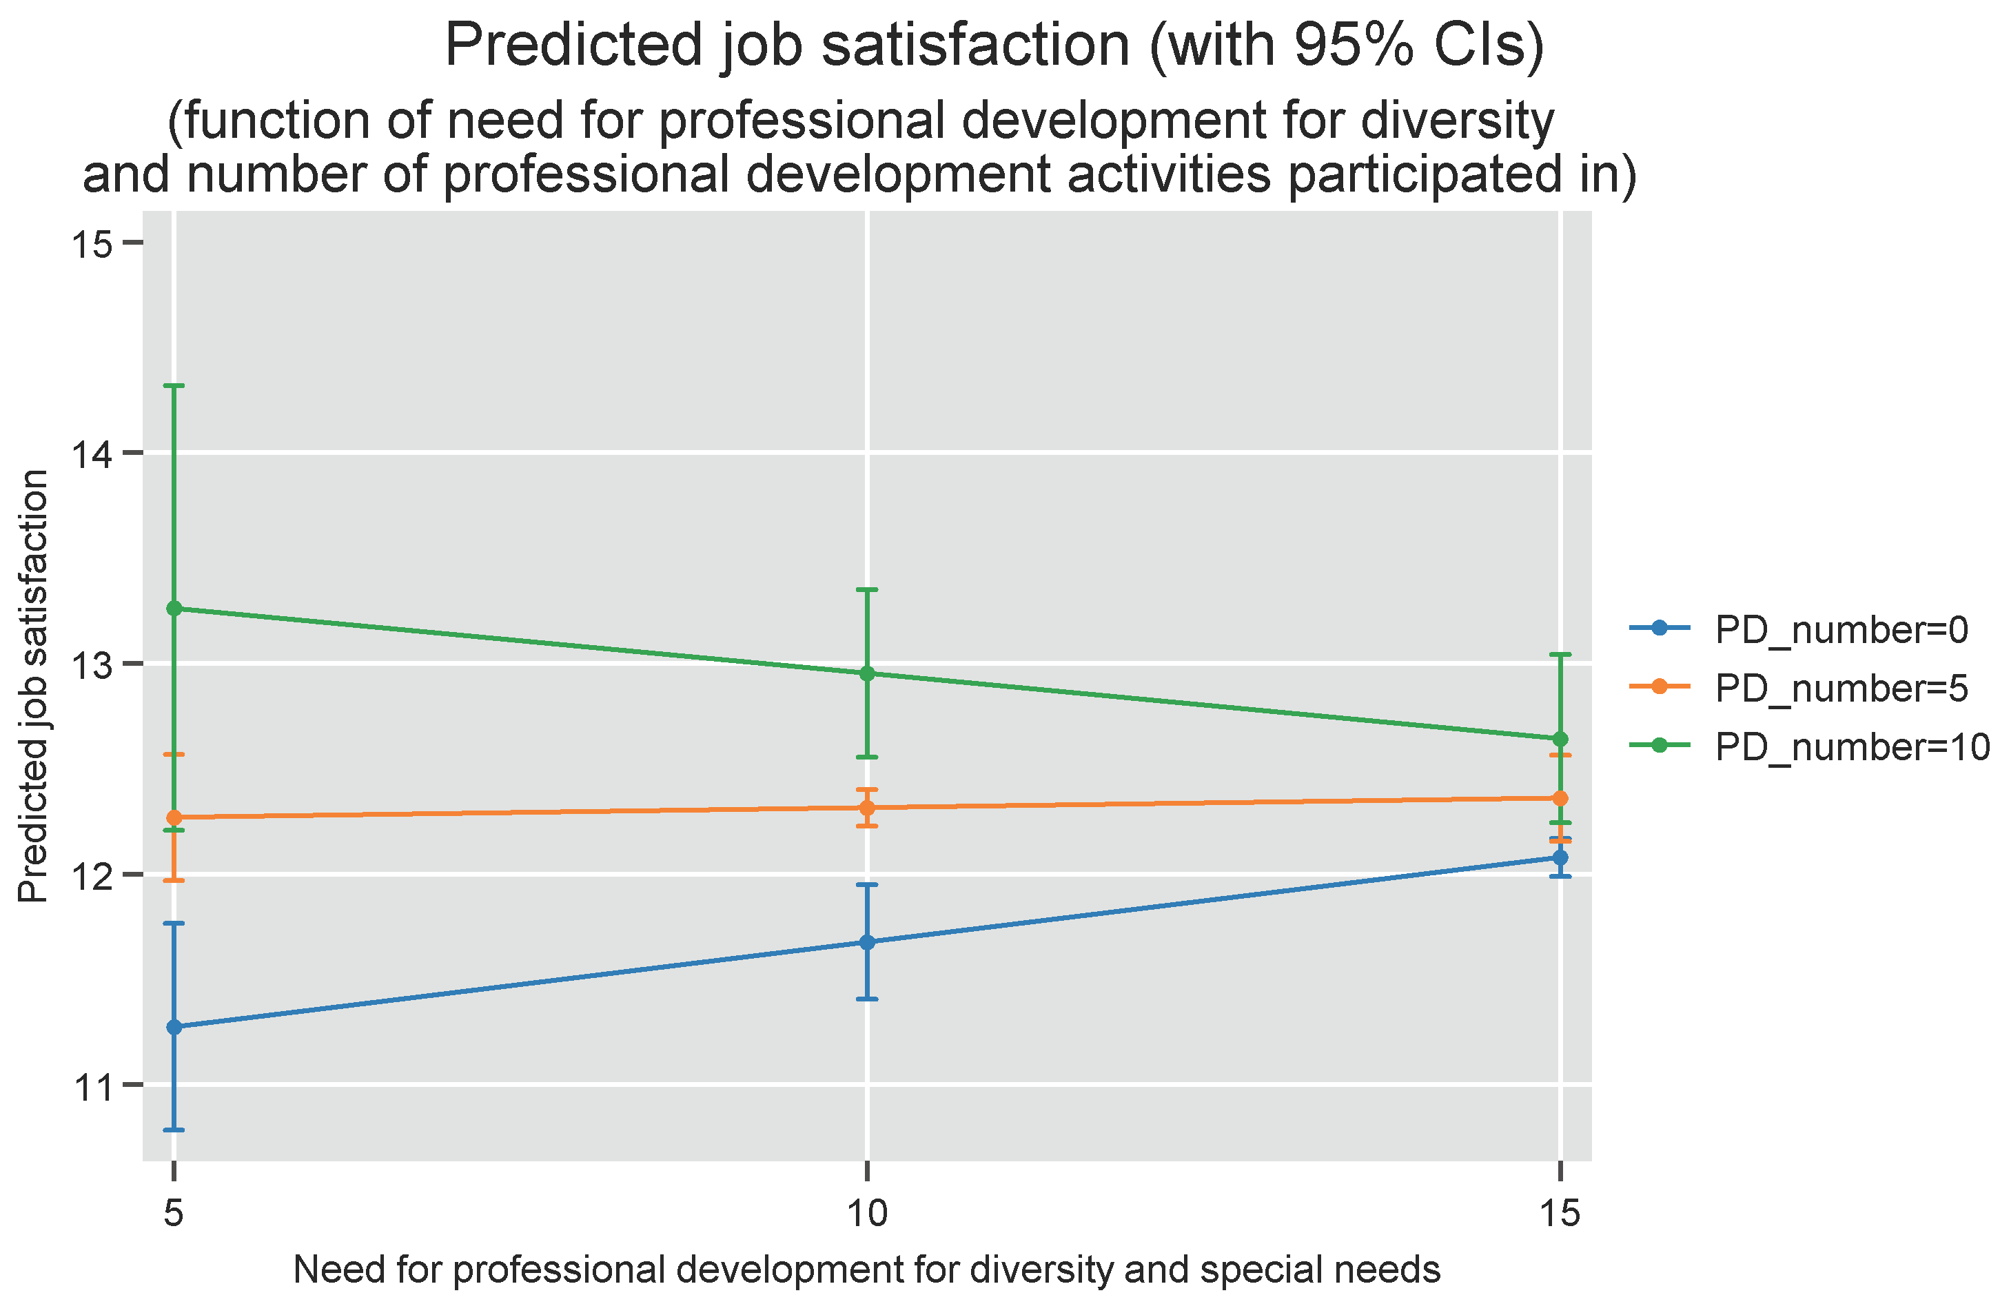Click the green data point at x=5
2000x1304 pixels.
tap(174, 609)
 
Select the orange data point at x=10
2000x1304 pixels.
tap(867, 808)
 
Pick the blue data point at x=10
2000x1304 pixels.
tap(867, 943)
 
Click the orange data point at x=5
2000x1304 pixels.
tap(174, 817)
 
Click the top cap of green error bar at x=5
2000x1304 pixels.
tap(174, 386)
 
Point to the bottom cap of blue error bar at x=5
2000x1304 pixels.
tap(174, 1130)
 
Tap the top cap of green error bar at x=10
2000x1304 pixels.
tap(867, 590)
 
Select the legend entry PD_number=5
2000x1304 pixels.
tap(1840, 688)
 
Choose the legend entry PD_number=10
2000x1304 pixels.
tap(1849, 746)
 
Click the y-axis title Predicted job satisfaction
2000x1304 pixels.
tap(34, 686)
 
